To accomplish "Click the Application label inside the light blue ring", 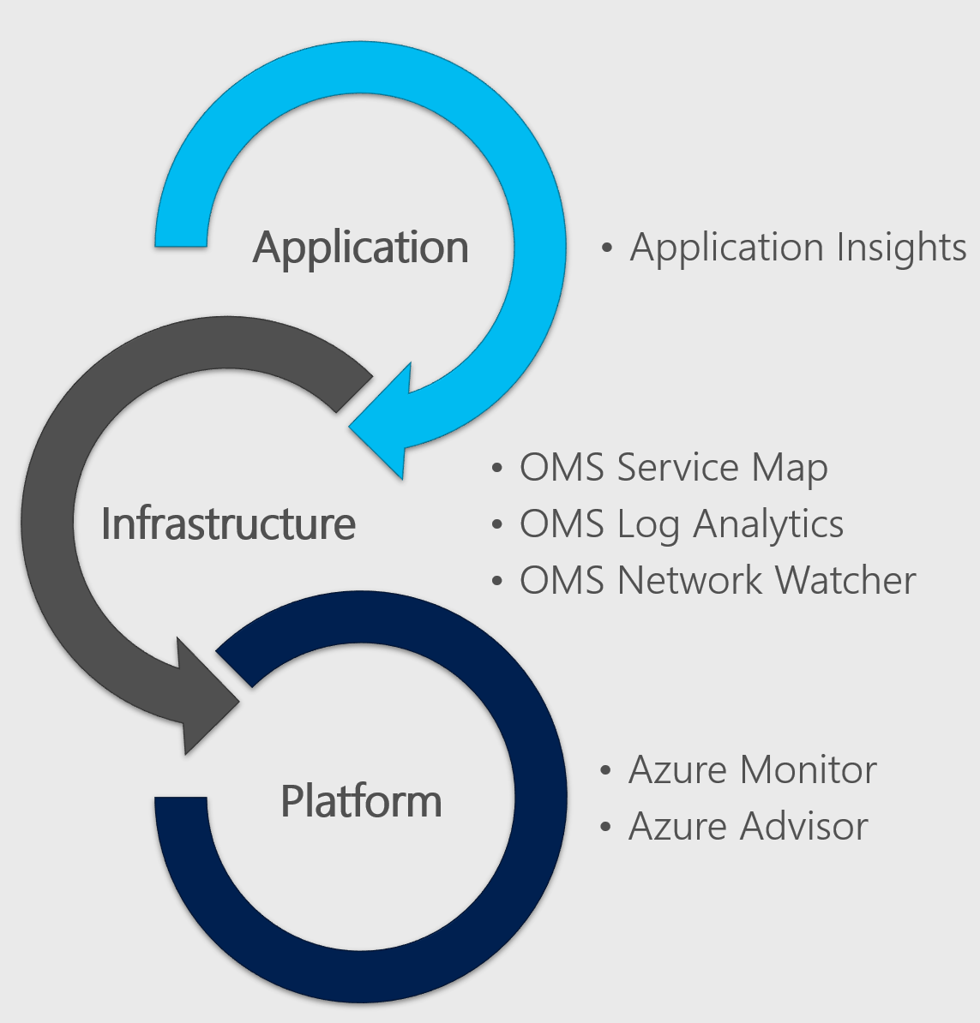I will point(360,248).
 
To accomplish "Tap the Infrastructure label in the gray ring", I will point(228,523).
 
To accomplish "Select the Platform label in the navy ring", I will point(361,801).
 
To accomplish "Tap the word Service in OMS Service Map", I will point(676,468).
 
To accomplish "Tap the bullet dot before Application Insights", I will point(607,248).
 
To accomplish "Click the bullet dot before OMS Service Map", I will point(497,469).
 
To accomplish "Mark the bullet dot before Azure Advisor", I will point(606,827).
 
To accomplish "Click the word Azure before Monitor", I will point(678,769).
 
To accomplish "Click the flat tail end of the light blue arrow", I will point(181,242).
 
